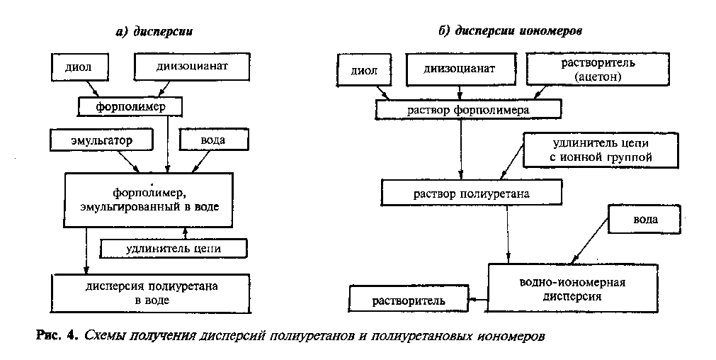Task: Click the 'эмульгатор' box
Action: pyautogui.click(x=101, y=140)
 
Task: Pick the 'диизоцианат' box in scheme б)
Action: pyautogui.click(x=459, y=69)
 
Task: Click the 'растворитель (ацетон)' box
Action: pyautogui.click(x=601, y=69)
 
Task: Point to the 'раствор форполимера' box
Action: pyautogui.click(x=468, y=110)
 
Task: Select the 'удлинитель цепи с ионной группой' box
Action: pyautogui.click(x=596, y=150)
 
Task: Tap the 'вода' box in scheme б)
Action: pyautogui.click(x=645, y=220)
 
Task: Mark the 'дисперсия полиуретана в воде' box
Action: pyautogui.click(x=152, y=292)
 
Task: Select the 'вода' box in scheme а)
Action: pyautogui.click(x=213, y=140)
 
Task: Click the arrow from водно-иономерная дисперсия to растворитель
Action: pyautogui.click(x=477, y=300)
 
